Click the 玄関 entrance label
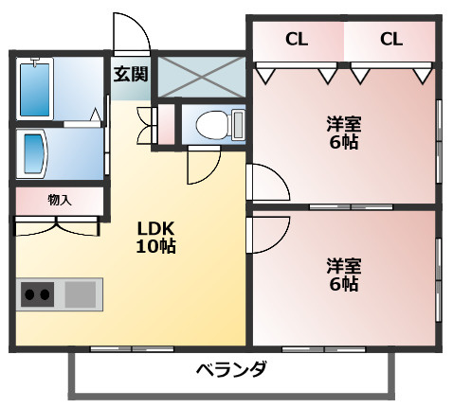131,74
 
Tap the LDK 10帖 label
155,238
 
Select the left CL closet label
297,40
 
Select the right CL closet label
391,40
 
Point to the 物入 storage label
60,200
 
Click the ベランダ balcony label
231,369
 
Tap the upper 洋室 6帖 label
344,133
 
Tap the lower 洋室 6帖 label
344,275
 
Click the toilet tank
239,124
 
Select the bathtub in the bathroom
35,89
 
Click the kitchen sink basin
81,294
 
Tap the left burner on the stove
29,294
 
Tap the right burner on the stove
45,294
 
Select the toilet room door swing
212,173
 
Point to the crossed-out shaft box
201,77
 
